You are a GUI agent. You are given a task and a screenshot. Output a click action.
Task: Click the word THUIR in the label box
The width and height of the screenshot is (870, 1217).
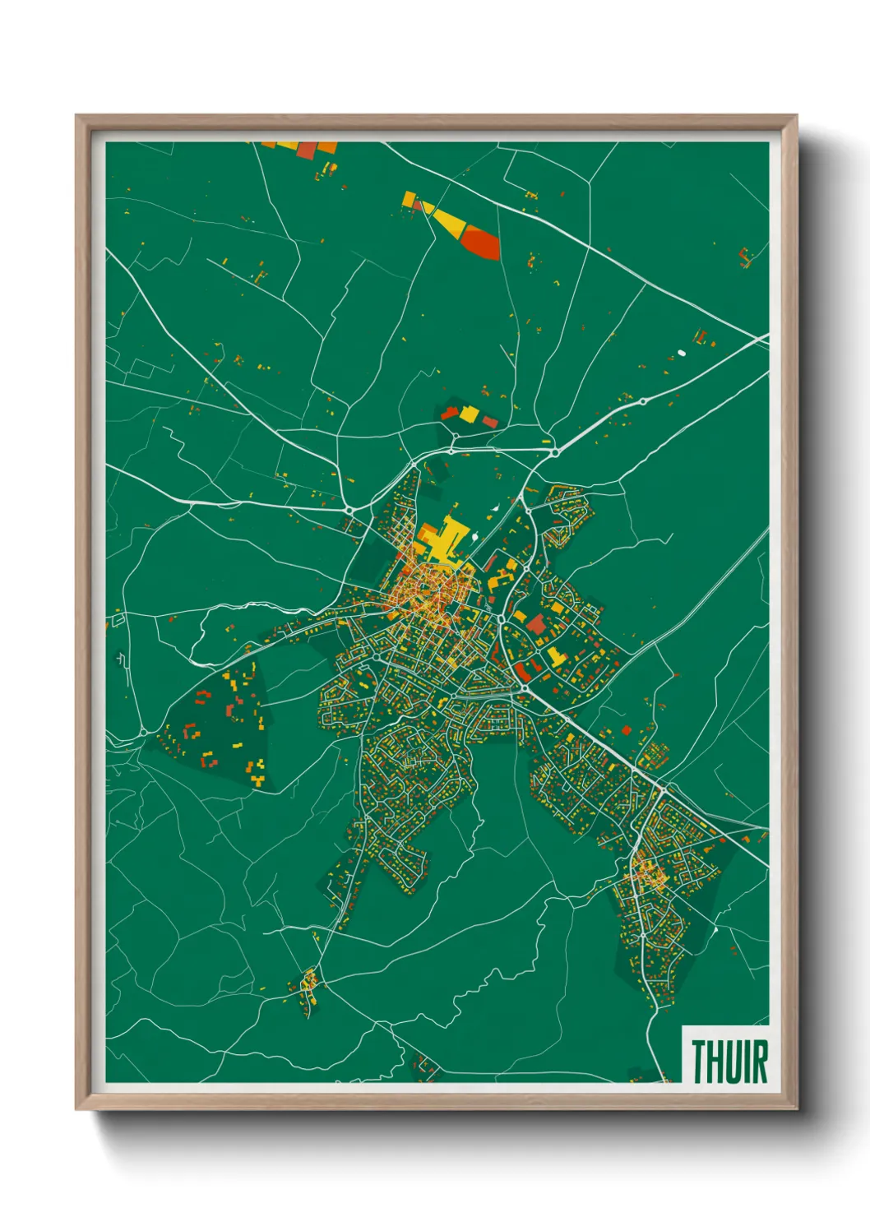(x=729, y=1062)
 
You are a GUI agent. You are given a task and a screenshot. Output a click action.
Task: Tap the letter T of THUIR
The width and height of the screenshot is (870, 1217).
(x=697, y=1062)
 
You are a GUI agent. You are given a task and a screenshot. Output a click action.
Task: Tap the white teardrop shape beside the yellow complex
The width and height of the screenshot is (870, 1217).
(x=496, y=508)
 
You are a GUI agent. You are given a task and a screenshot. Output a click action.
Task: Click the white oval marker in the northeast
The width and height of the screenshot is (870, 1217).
(x=681, y=353)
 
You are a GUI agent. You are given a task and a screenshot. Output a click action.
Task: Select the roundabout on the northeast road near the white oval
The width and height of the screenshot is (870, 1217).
(x=642, y=401)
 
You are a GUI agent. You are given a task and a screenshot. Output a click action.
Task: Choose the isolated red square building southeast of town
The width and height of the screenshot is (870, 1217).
(x=626, y=729)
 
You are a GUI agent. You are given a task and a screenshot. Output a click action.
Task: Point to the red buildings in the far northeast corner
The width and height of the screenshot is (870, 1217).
(x=745, y=257)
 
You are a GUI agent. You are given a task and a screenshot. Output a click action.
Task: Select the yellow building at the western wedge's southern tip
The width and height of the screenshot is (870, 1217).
(x=257, y=778)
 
